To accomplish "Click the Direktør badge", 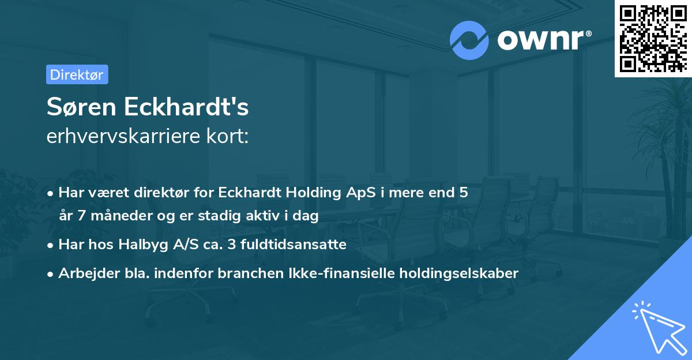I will point(77,75).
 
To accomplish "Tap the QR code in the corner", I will point(653,39).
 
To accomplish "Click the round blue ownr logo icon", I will point(469,40).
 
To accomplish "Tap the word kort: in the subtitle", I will point(231,137).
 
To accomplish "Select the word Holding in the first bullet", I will point(312,193).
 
